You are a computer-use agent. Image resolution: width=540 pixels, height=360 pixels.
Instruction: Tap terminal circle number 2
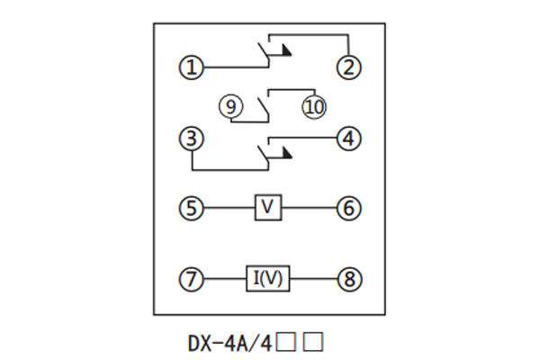coord(348,67)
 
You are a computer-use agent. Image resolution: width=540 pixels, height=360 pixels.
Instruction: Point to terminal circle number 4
coord(348,139)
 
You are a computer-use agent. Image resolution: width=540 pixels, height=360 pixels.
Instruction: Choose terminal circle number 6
coord(348,209)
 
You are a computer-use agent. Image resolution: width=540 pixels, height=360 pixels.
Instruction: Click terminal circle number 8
coord(348,279)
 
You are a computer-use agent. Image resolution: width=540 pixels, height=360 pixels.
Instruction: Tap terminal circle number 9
coord(231,106)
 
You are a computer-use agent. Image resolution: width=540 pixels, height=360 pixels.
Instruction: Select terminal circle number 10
coord(314,106)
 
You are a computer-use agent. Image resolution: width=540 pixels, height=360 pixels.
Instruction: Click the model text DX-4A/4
coord(229,342)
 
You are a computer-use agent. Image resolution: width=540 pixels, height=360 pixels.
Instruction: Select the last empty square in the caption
coord(313,342)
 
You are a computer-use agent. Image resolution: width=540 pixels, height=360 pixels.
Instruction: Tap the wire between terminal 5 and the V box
coord(229,209)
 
